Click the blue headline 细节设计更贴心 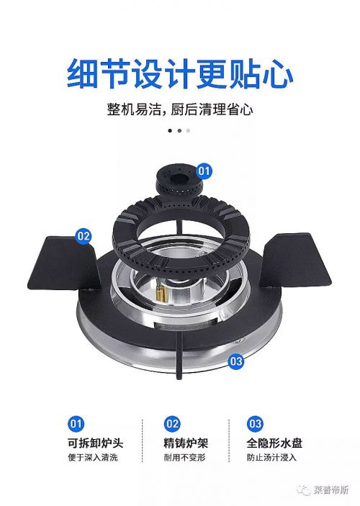(180, 73)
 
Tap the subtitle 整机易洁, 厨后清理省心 (180, 109)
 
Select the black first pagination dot (170, 131)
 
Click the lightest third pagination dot (188, 131)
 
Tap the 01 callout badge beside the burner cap (204, 171)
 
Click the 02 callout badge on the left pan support (84, 236)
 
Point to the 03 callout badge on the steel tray (235, 361)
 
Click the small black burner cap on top (179, 182)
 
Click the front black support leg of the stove (179, 354)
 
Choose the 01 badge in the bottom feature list (76, 423)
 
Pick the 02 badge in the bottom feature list (172, 423)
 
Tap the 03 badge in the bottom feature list (255, 423)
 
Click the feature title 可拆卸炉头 (95, 443)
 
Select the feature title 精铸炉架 (185, 443)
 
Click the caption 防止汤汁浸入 (271, 458)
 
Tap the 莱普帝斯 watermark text (331, 490)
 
